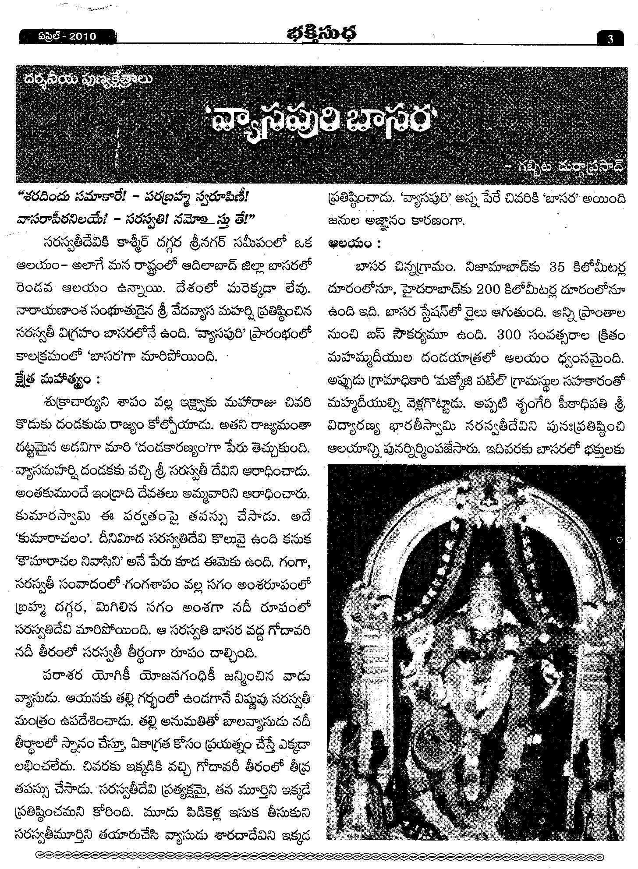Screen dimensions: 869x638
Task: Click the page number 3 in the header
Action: (610, 39)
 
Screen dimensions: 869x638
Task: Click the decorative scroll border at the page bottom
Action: (319, 854)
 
